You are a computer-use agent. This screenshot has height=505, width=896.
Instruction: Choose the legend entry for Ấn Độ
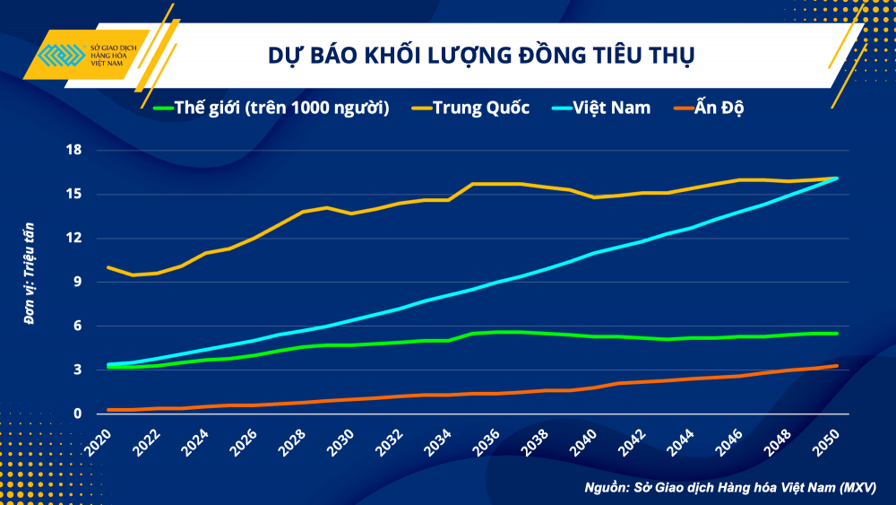tap(714, 109)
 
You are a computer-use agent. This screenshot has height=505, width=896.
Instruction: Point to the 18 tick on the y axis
tap(73, 150)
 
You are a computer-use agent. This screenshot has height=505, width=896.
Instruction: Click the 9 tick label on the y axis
tap(77, 282)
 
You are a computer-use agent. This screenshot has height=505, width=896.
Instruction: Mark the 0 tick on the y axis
tap(77, 414)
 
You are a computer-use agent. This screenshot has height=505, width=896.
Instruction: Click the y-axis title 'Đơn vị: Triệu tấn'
tap(30, 282)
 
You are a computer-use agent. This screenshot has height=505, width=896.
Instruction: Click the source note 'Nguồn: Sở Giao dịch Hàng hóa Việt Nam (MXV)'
tap(729, 487)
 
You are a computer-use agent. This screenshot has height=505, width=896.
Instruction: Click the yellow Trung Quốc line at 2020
tap(108, 267)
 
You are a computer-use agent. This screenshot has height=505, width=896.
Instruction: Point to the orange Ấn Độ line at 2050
tap(837, 365)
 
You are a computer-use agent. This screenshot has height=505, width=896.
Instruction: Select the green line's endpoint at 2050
tap(837, 334)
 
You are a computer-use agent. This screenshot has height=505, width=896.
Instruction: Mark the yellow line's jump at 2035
tap(473, 184)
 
